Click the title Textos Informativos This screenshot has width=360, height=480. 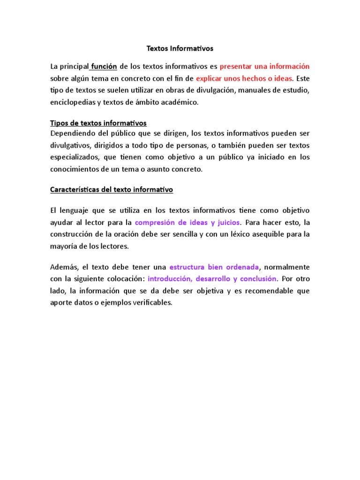coord(180,48)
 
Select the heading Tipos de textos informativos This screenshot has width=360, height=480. coord(98,123)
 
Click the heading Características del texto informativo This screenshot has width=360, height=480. coord(112,190)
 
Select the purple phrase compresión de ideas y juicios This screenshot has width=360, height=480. coord(187,222)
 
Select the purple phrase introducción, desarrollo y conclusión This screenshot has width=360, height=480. coord(212,279)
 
